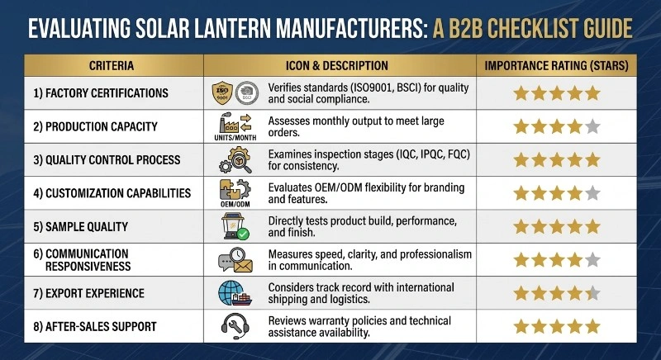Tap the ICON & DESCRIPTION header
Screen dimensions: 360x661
pos(340,65)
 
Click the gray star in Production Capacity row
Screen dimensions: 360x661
pos(592,127)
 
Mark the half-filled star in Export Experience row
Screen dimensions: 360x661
pos(592,292)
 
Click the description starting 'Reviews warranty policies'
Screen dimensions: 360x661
pos(362,325)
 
